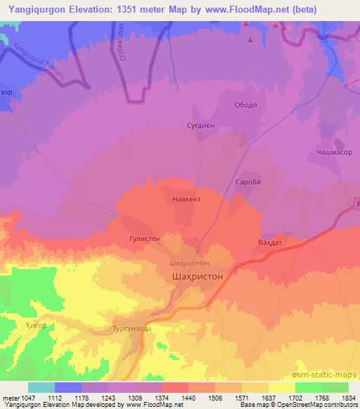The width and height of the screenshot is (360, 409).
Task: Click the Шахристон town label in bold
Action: point(198,277)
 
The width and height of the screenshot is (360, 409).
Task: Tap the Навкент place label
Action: point(186,200)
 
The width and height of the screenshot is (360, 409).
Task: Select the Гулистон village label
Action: point(146,239)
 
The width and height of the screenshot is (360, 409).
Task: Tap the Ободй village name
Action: point(245,105)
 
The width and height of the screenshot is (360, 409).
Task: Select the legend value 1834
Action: point(348,396)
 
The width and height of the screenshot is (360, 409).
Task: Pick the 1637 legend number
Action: point(269,396)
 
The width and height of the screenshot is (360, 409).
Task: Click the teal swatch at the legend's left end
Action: point(41,387)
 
